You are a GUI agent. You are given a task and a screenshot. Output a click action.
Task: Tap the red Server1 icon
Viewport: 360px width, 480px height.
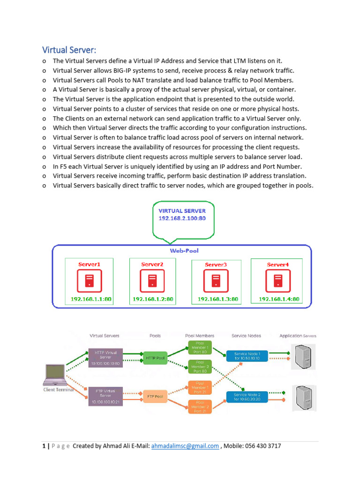[89, 281]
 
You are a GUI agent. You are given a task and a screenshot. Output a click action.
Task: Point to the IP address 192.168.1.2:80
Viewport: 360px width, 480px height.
[153, 299]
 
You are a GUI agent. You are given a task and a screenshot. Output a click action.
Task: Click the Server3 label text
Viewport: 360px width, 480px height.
[216, 265]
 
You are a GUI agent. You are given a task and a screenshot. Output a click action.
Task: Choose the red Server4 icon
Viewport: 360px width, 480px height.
[278, 281]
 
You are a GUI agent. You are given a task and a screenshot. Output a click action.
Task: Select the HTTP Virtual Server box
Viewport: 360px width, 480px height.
[105, 357]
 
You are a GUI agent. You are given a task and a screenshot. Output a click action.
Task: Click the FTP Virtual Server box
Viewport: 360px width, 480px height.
[105, 396]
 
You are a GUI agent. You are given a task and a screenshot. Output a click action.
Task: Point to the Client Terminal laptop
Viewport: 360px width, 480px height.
[55, 374]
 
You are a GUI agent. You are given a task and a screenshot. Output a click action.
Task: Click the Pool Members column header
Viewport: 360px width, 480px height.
[200, 336]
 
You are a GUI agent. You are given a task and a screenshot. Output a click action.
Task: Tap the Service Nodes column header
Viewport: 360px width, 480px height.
[246, 336]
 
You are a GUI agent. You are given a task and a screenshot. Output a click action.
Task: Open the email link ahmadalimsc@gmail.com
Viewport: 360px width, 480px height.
[185, 446]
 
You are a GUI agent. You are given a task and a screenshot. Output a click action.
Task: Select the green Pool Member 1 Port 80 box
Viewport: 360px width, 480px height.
[200, 347]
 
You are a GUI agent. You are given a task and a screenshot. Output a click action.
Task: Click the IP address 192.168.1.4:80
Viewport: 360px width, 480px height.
[279, 299]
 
